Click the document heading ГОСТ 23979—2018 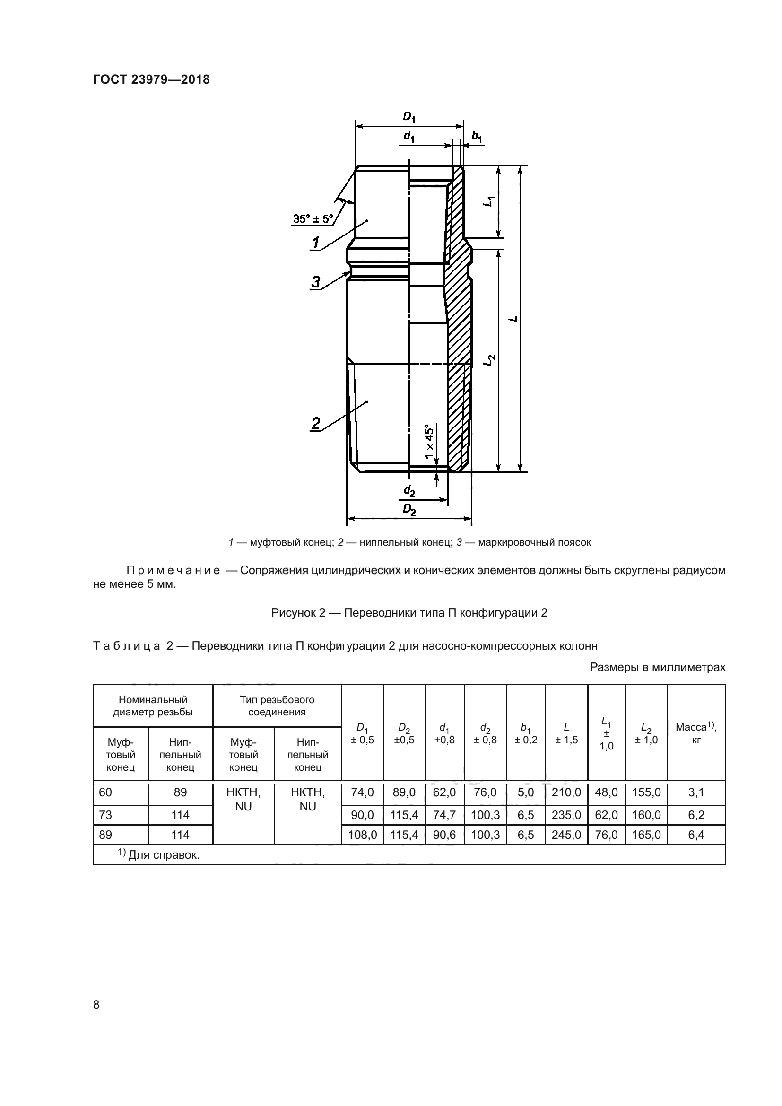point(151,79)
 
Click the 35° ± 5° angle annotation point(313,219)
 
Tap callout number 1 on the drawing point(316,243)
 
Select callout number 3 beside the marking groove point(316,282)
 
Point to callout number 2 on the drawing point(316,423)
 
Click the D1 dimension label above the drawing point(409,117)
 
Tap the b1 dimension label point(477,137)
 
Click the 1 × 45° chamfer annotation point(429,441)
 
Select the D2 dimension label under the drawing point(409,510)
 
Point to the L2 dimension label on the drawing point(490,360)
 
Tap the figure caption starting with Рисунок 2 point(409,613)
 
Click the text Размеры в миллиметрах point(657,667)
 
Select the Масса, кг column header point(696,733)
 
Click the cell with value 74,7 point(444,815)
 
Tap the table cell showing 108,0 point(362,835)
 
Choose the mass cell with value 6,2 point(696,815)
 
